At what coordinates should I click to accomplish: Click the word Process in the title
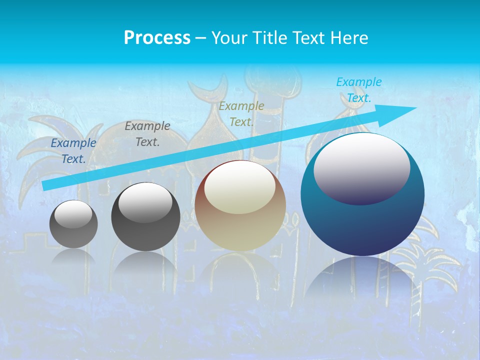tap(157, 37)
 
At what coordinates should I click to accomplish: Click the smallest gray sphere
tap(73, 224)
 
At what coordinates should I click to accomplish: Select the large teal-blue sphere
tap(362, 220)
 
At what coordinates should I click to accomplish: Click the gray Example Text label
tap(147, 134)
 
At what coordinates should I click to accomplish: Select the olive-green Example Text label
tap(241, 114)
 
